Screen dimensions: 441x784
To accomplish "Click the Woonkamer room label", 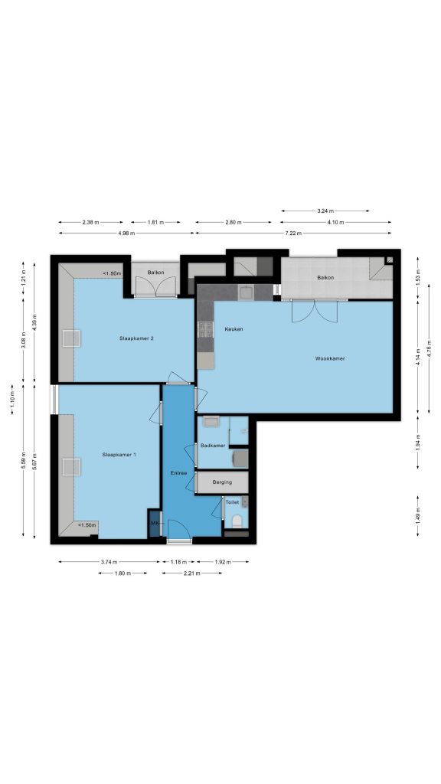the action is (329, 358).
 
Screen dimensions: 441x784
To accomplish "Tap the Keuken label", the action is (234, 329).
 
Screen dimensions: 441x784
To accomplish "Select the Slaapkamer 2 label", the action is (136, 338).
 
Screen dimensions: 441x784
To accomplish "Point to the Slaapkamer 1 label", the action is (119, 455).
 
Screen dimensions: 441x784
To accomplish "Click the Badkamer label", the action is (213, 446).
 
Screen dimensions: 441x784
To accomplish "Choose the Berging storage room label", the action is (222, 482).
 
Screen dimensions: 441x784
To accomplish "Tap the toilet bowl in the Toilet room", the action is (237, 521).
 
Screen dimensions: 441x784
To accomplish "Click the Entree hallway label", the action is (178, 472).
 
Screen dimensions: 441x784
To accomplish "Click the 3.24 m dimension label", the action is (325, 211).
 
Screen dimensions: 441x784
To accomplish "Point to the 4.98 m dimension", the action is (126, 233).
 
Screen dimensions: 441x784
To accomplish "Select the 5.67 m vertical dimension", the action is (34, 461).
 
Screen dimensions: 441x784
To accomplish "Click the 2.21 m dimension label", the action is (192, 573).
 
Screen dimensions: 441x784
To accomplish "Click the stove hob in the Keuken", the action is (205, 329).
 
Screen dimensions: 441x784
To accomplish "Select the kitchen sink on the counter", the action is (246, 292).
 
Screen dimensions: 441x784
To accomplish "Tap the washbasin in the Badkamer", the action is (211, 422).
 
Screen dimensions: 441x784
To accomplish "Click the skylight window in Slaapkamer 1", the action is (71, 467).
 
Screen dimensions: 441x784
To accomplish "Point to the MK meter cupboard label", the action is (154, 522).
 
